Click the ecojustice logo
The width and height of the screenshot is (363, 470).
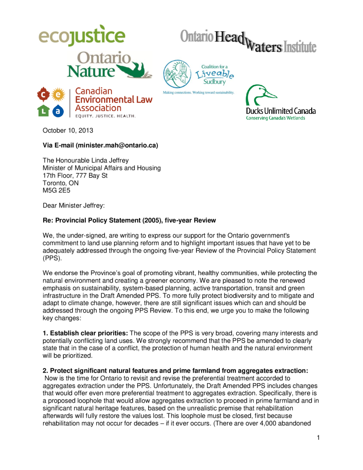tap(82, 36)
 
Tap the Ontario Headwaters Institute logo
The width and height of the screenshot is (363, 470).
tap(248, 43)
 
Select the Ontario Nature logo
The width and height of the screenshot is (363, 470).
tap(109, 65)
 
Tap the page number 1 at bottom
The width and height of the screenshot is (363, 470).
tap(318, 437)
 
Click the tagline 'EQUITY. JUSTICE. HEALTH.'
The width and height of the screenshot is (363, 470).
tap(105, 116)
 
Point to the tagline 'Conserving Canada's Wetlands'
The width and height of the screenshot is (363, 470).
tap(275, 118)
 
